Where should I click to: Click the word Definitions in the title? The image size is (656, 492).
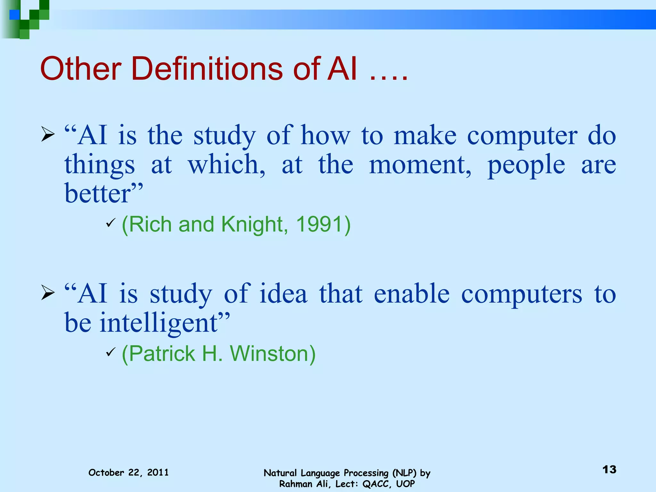[207, 69]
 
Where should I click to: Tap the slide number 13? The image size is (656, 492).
[609, 470]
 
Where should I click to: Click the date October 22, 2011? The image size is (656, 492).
[128, 472]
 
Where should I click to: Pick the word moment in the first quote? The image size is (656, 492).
[420, 165]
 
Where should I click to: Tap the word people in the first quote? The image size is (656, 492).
[526, 165]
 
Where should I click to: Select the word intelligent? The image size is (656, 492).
[158, 323]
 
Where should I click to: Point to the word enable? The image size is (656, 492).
[411, 294]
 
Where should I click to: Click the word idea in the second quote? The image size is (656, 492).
[283, 294]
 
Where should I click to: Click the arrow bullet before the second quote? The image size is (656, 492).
[48, 292]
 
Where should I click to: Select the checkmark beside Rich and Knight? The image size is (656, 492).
[110, 223]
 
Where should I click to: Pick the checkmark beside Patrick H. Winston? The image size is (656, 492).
[110, 352]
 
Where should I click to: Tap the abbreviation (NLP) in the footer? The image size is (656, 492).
[405, 473]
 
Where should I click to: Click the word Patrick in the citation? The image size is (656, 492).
[162, 354]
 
